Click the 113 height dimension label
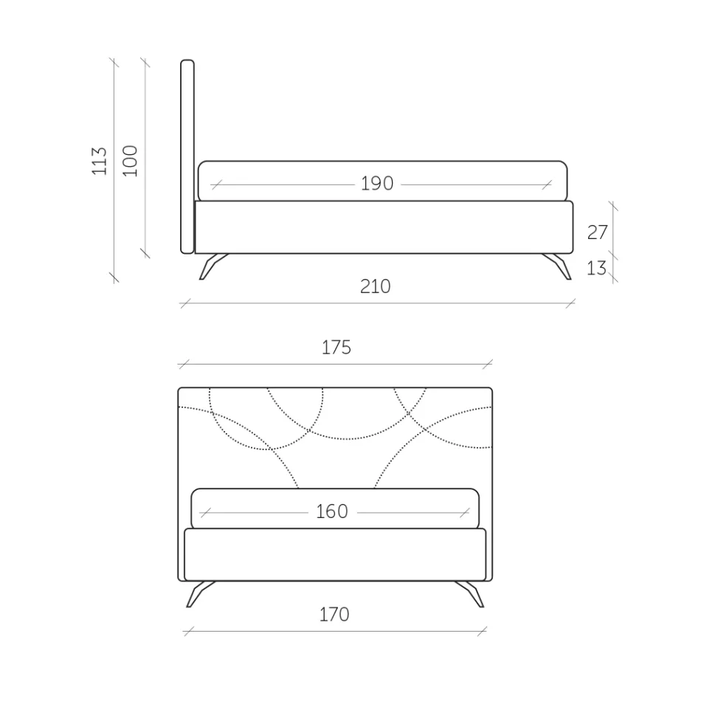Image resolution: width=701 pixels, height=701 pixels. point(100,161)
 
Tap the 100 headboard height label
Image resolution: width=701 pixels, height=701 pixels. point(130,160)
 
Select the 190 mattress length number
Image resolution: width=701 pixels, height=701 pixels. point(377,183)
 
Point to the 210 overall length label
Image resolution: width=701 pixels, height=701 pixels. point(376,286)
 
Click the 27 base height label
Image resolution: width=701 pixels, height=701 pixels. point(597,232)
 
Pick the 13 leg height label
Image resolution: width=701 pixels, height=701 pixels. point(596,268)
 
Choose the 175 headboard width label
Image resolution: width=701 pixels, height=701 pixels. point(336,348)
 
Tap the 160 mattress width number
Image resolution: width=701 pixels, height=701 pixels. point(332,511)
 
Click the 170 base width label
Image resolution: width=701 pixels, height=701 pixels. point(334,615)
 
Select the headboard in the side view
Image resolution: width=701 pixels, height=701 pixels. point(187,156)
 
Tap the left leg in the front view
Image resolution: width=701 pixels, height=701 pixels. point(199,593)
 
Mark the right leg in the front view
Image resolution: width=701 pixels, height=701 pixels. point(471,593)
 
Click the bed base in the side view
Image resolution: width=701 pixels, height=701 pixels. point(384,227)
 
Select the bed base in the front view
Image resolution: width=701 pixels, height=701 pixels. point(335,554)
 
